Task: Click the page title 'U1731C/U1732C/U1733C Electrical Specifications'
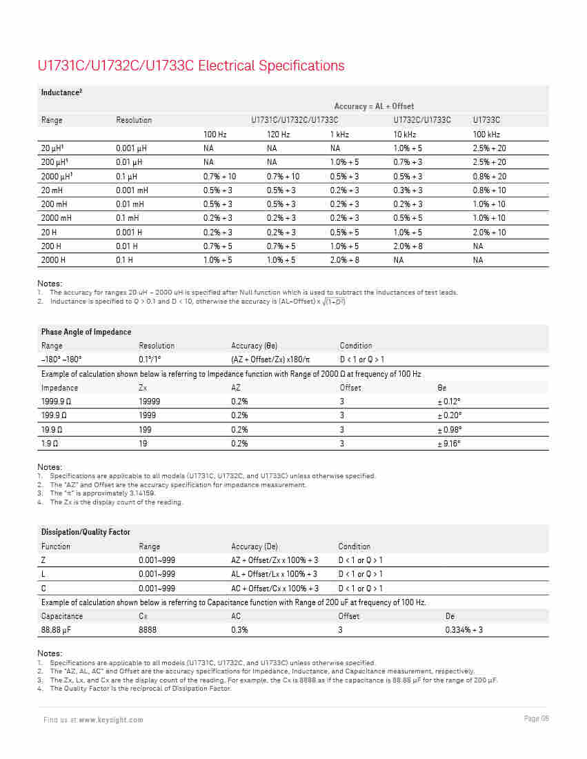(x=191, y=66)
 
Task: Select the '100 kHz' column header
(x=486, y=135)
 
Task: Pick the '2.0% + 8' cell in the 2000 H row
(x=344, y=260)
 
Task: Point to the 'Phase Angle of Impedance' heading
(x=86, y=332)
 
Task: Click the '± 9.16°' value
(x=449, y=444)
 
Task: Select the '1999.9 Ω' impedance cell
(x=57, y=402)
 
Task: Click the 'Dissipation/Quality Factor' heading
(x=86, y=532)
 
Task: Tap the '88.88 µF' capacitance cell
(x=57, y=630)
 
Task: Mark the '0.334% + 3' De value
(x=464, y=630)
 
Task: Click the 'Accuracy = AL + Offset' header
(x=374, y=106)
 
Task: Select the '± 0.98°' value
(x=449, y=430)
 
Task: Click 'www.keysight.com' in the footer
(x=111, y=720)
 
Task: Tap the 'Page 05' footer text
(x=536, y=719)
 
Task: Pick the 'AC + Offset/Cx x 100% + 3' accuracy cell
(x=275, y=589)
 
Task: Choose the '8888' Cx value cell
(x=148, y=630)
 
